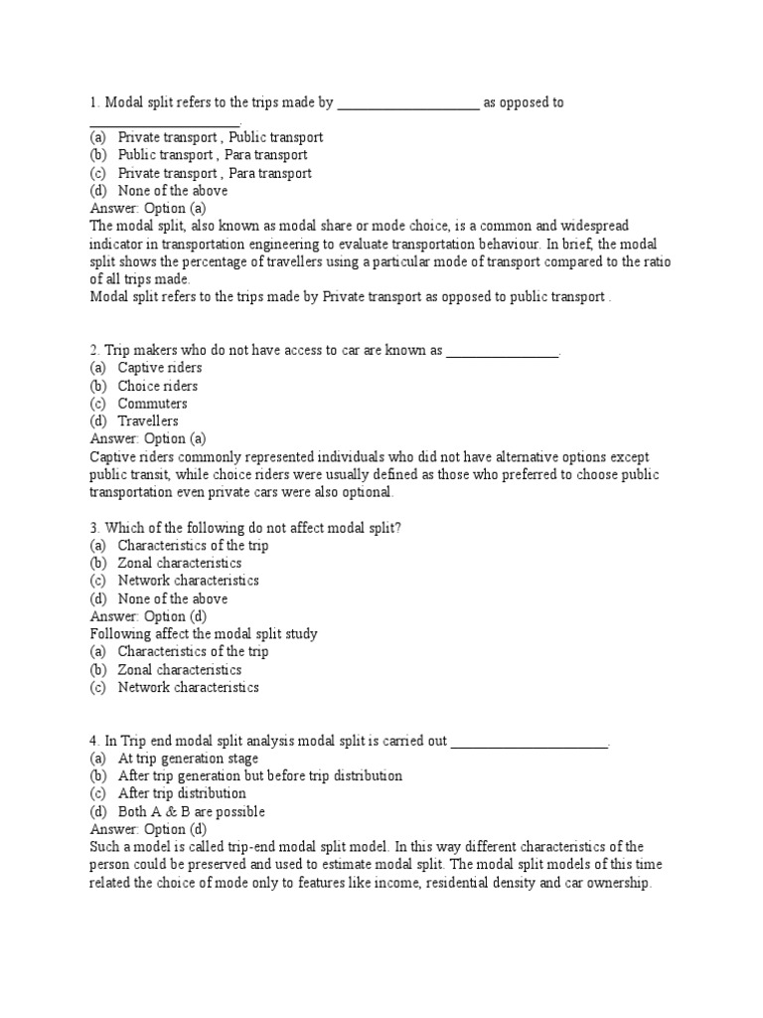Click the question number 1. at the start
(x=95, y=102)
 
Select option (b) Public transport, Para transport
(x=212, y=155)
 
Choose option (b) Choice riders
(x=157, y=386)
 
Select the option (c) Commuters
(x=152, y=404)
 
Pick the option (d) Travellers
(x=148, y=422)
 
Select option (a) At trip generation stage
(x=188, y=758)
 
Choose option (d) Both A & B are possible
(x=191, y=811)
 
